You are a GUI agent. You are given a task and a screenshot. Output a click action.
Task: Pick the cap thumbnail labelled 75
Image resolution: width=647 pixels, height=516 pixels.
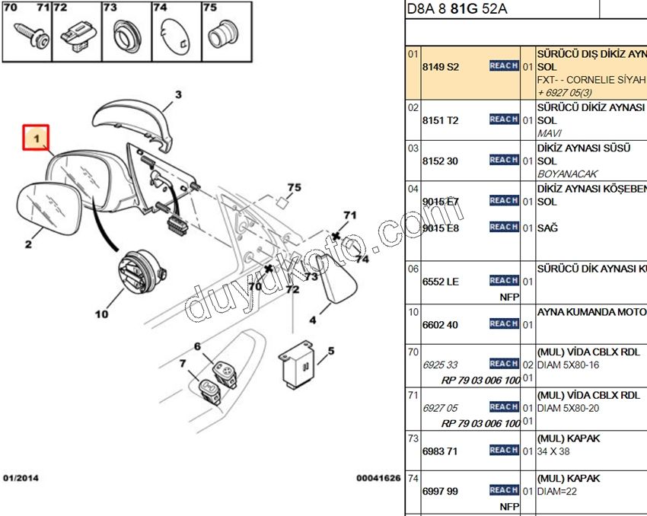click(x=220, y=33)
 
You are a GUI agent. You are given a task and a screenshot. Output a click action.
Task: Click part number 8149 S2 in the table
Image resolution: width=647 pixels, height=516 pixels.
click(x=441, y=67)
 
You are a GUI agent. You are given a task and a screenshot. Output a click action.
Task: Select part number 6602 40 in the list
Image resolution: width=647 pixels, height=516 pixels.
click(x=441, y=325)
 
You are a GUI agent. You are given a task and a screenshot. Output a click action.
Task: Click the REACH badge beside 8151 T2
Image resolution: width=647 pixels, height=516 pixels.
click(x=503, y=119)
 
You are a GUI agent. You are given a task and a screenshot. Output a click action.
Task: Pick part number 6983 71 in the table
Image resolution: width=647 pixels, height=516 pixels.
click(x=440, y=451)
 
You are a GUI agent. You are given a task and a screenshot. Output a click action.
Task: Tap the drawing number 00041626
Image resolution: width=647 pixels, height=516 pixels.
click(x=378, y=478)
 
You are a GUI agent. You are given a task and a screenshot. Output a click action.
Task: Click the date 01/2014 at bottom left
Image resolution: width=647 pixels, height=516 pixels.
click(x=21, y=478)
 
